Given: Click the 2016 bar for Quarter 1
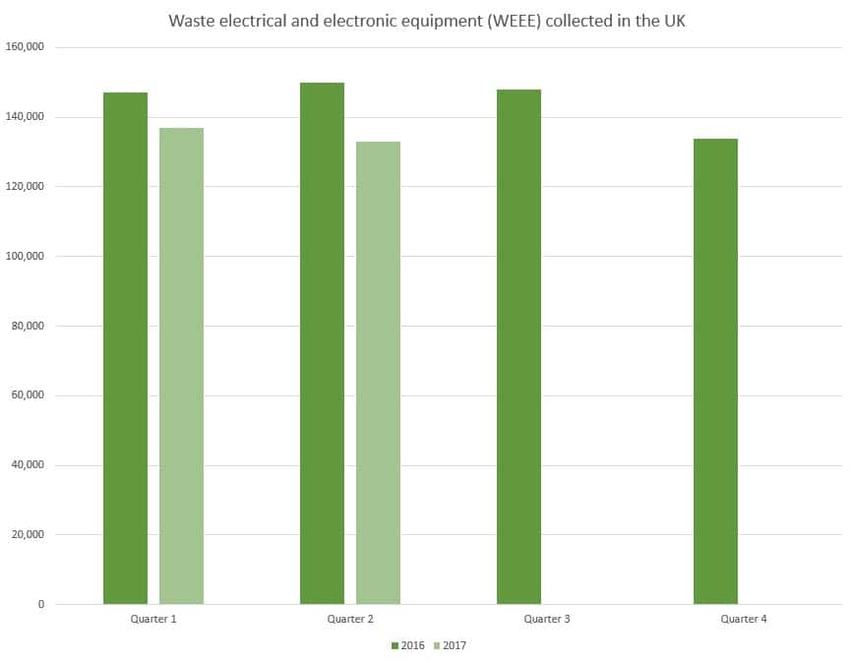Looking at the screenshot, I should (125, 348).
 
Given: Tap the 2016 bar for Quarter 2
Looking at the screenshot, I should (322, 343).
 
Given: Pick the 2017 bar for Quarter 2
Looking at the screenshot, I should (378, 373).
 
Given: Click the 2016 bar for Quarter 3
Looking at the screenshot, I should (518, 346).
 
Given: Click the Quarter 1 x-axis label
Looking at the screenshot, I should (153, 620).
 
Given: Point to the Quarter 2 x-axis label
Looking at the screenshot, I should (350, 620).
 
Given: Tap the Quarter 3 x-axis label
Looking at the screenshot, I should (547, 620).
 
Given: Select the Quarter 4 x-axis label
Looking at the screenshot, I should (744, 620).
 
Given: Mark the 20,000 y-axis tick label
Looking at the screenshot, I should (29, 534).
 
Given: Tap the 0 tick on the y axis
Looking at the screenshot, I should (41, 604).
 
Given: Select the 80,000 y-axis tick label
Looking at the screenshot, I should (29, 326).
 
